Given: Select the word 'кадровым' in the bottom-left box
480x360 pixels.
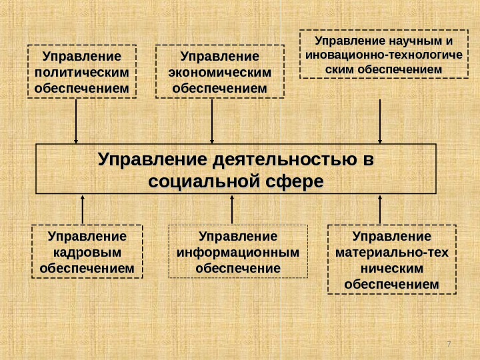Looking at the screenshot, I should click(87, 253).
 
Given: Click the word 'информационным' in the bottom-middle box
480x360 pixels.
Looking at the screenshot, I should click(238, 253).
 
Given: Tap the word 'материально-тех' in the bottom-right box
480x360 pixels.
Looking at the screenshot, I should click(392, 253).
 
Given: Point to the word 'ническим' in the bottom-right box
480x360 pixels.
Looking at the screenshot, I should click(392, 269).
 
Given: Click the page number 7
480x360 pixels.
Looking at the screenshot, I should click(449, 343).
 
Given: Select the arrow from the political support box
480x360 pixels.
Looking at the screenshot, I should click(76, 120).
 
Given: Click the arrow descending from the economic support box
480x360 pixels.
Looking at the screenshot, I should click(212, 120).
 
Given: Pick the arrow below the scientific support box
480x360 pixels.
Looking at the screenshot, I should click(380, 120).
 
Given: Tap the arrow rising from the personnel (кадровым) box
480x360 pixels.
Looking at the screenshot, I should click(83, 209).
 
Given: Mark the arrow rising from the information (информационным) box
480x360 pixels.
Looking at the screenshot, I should click(232, 209).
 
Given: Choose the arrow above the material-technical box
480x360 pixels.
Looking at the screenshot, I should click(380, 209).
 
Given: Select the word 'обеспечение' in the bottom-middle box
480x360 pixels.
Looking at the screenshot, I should click(238, 269).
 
